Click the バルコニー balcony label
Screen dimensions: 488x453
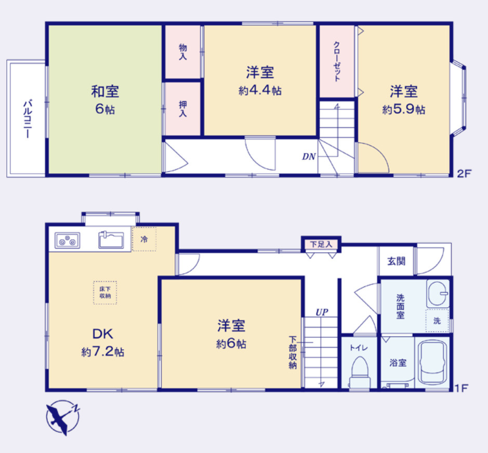[x=27, y=118]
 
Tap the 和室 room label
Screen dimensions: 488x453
[x=105, y=91]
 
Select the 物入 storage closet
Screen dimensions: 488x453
[x=183, y=52]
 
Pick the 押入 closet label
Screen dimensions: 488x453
[x=183, y=109]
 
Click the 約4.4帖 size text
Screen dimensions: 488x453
[x=260, y=90]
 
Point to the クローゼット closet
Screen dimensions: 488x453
[x=337, y=62]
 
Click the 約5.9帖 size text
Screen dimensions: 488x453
[x=404, y=109]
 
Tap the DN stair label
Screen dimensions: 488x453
[x=309, y=157]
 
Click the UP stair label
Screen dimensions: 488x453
[x=322, y=312]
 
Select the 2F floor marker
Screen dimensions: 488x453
[x=464, y=173]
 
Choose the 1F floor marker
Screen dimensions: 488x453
[x=461, y=388]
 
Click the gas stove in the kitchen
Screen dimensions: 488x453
[x=67, y=240]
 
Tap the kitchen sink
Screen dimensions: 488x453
[x=111, y=240]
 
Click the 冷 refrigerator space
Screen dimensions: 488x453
[x=144, y=239]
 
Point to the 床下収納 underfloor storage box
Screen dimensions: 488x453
[x=105, y=293]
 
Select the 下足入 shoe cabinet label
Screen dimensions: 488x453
[x=321, y=244]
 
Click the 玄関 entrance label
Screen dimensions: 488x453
[x=396, y=262]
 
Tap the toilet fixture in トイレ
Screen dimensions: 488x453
[x=360, y=373]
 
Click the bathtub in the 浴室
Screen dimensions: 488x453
[x=432, y=362]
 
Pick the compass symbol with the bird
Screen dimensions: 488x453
[x=62, y=418]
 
